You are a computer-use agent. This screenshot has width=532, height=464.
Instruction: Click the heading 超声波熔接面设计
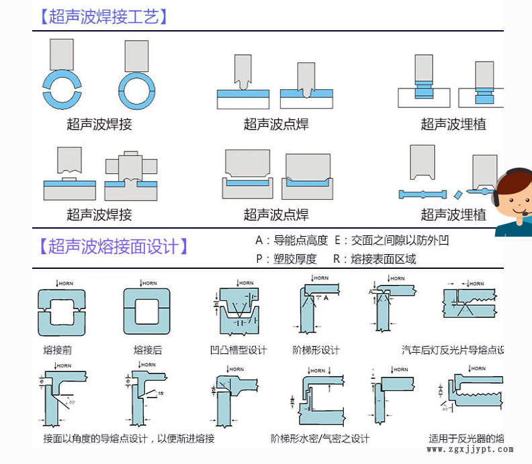(114, 246)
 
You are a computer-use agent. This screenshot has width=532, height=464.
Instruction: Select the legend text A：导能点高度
(292, 240)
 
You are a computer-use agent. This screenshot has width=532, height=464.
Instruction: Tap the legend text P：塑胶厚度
(286, 259)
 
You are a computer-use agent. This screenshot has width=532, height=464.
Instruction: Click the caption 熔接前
(57, 349)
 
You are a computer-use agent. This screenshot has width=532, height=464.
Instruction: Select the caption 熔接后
(148, 349)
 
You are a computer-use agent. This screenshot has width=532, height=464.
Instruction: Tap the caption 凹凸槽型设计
(238, 349)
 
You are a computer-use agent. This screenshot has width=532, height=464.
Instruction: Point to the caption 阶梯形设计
(316, 349)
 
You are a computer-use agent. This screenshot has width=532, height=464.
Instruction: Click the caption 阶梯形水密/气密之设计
(320, 439)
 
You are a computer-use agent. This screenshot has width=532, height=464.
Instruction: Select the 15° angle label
(161, 394)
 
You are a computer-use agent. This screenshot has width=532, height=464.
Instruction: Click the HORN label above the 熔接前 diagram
(64, 284)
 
